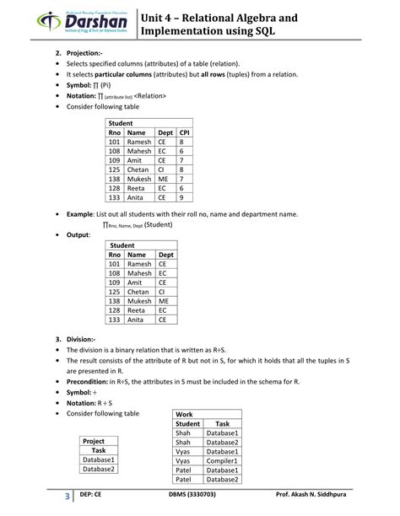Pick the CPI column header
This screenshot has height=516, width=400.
[184, 133]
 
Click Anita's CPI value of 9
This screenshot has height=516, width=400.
[181, 197]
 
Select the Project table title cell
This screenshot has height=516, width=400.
[94, 441]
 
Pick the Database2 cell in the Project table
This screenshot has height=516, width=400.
[99, 469]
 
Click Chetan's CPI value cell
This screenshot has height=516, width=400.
[181, 169]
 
